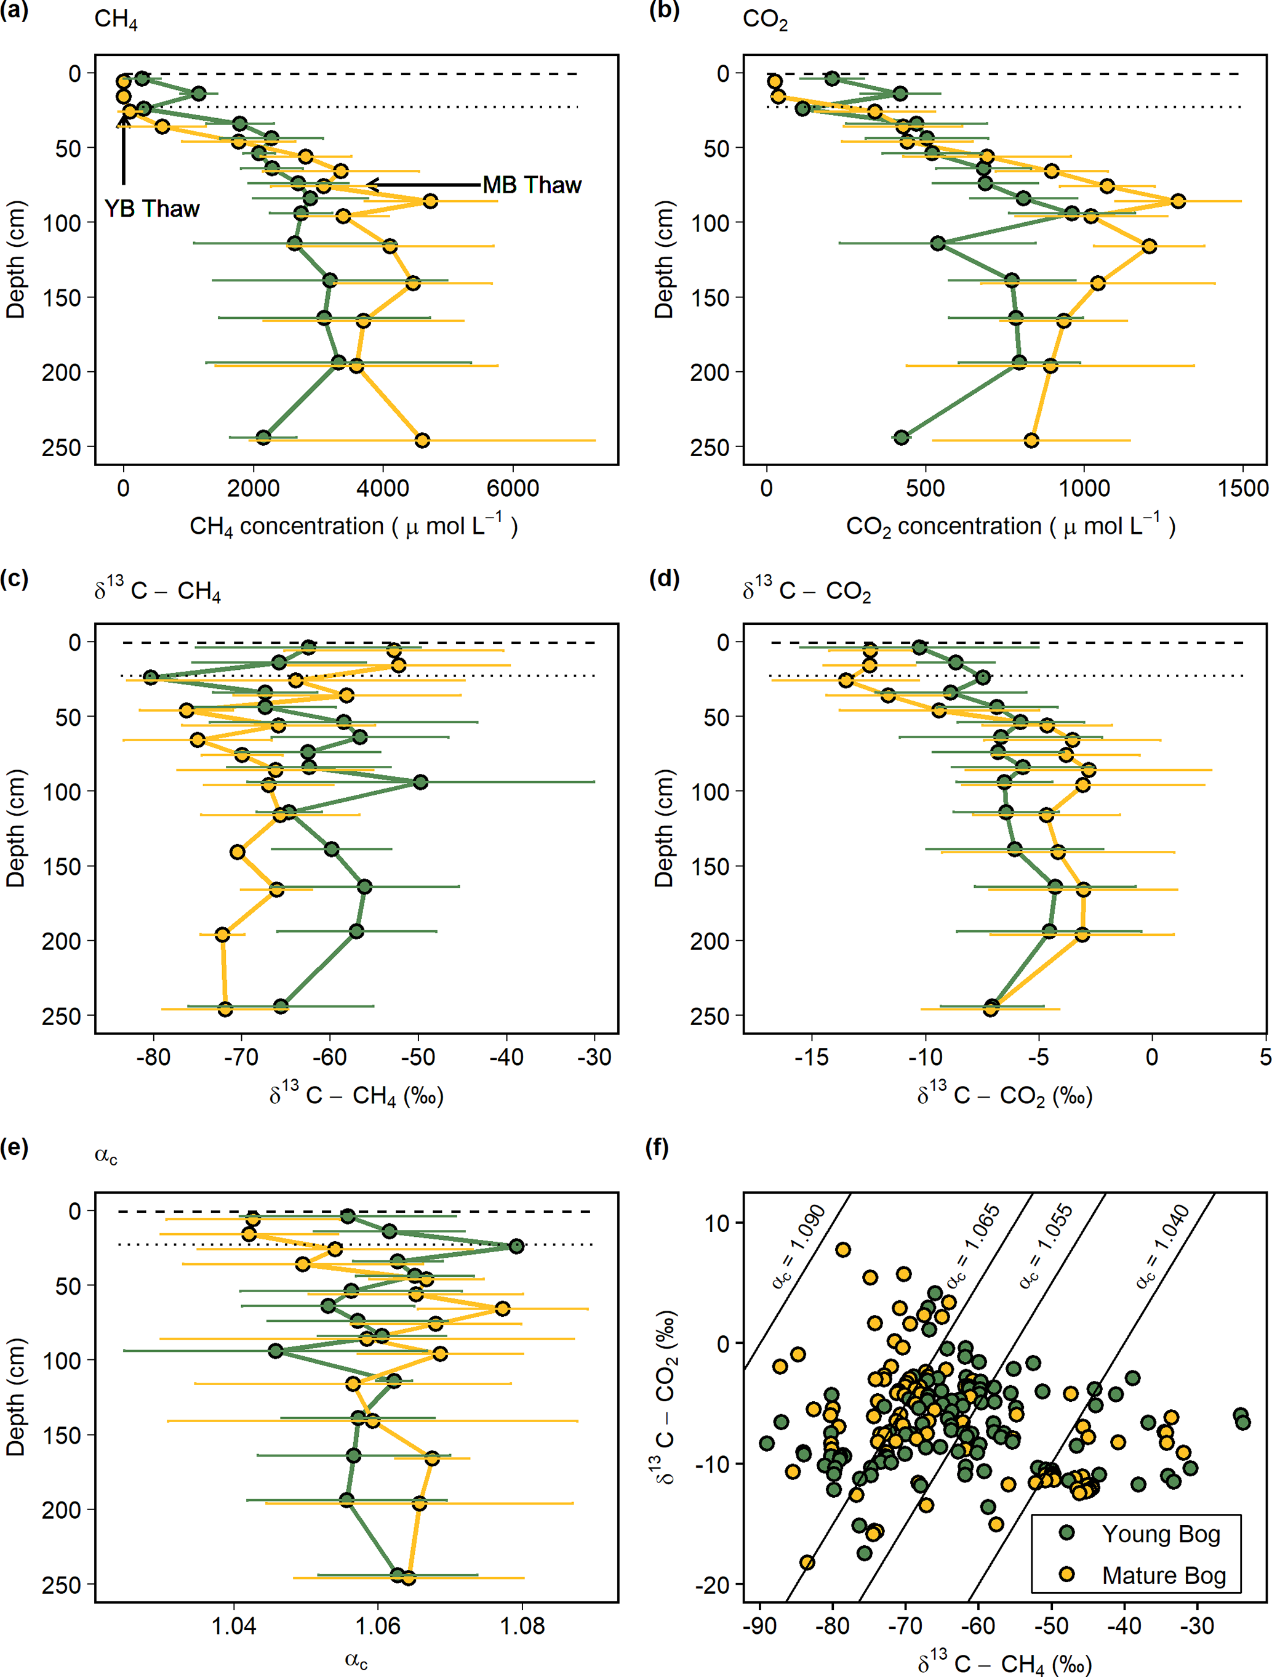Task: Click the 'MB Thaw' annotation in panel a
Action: click(532, 185)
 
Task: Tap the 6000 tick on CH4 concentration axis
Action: click(513, 488)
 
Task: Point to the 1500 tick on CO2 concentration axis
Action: click(1243, 488)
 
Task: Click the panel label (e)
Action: click(14, 1147)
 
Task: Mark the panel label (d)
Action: click(664, 579)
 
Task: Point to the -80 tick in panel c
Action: click(154, 1057)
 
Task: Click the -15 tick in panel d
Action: click(811, 1057)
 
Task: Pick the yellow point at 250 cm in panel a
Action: click(422, 440)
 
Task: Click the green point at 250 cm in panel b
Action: click(902, 438)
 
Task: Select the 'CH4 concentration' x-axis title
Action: click(353, 526)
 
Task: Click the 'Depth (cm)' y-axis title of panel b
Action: click(663, 259)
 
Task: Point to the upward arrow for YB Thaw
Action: click(124, 148)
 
